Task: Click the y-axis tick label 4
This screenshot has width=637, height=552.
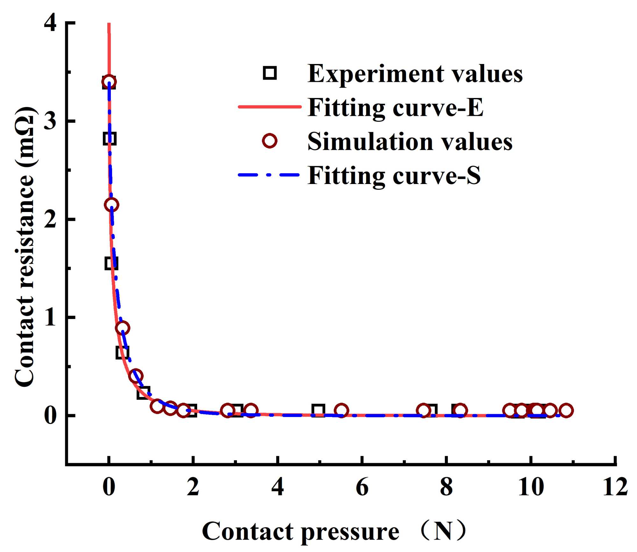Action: coord(50,24)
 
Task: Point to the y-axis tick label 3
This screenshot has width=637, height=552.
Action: coord(50,122)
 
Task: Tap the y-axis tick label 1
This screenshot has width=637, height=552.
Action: coord(50,317)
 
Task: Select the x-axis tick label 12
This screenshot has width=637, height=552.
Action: coord(615,487)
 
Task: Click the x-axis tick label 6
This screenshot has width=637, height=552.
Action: coord(362,487)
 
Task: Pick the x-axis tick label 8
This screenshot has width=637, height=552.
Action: coord(447,487)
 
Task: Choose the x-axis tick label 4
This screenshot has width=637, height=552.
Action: coord(278,487)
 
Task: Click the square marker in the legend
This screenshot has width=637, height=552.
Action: coord(270,73)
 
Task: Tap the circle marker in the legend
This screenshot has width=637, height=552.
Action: coord(270,140)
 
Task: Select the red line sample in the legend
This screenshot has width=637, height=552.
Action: coord(269,107)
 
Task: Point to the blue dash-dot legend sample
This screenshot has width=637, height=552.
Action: coord(269,175)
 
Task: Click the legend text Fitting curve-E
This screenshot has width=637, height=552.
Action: coord(395,108)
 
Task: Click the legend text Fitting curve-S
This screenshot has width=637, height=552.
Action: coord(394,175)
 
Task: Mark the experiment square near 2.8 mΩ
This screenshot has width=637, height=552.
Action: coord(110,139)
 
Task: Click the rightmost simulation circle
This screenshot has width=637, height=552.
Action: coord(566,411)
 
